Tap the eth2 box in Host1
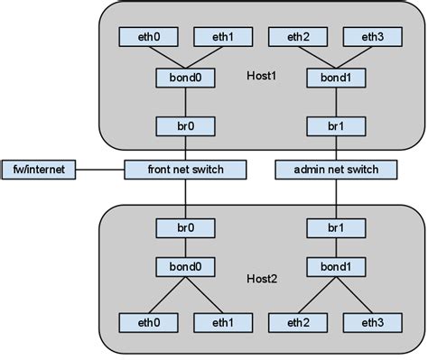click(296, 37)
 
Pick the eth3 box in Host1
click(370, 37)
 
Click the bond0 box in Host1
click(186, 78)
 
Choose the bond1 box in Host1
click(333, 78)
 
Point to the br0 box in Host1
click(186, 125)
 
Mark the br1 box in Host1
click(333, 125)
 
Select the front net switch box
click(186, 169)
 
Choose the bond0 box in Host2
click(186, 267)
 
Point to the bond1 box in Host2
click(333, 267)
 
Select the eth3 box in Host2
click(370, 322)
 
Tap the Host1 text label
click(260, 76)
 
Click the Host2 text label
click(260, 278)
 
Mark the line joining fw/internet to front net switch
click(100, 169)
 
